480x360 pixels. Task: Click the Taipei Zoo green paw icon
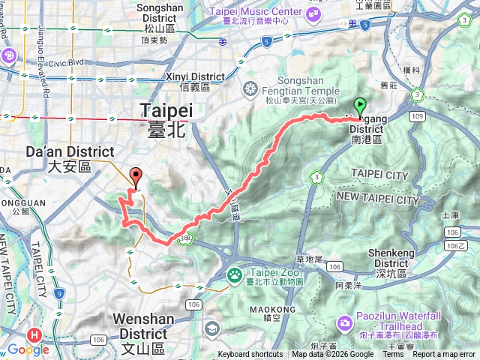(234, 275)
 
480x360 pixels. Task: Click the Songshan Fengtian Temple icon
(250, 90)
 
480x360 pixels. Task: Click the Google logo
(28, 349)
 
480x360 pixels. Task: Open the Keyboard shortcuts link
(250, 355)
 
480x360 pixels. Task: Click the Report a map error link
(444, 355)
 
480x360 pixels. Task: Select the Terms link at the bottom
(393, 355)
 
